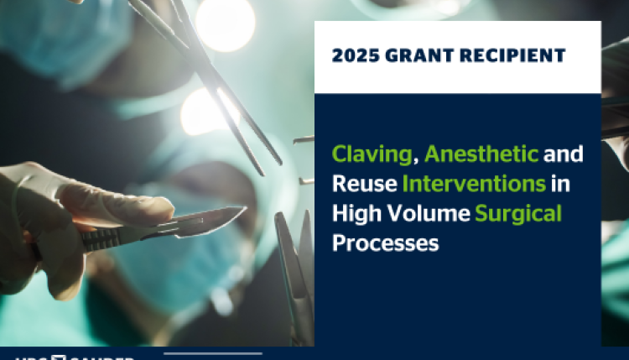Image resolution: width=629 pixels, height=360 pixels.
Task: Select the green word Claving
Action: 373,155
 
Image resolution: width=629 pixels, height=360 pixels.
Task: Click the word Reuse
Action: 362,185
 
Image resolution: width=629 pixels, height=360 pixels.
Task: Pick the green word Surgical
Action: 518,214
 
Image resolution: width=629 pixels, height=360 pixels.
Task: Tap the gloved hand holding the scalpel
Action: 59,210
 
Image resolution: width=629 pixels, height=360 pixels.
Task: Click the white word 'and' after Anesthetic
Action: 564,155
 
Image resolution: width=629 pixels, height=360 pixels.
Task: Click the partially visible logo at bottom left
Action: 67,356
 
